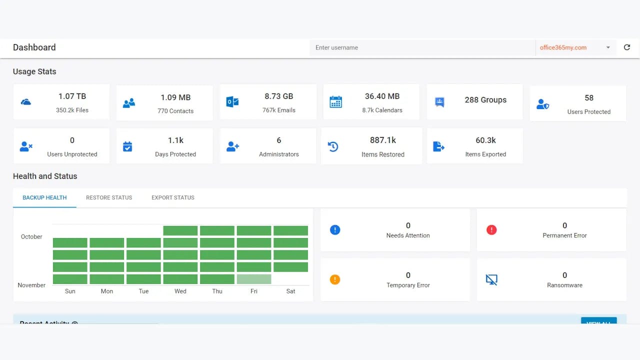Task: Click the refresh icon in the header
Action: (627, 47)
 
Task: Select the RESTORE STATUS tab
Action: (109, 197)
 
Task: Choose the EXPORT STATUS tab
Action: (173, 197)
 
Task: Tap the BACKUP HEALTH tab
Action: (44, 197)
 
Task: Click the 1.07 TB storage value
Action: (72, 96)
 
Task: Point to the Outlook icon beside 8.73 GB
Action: (232, 102)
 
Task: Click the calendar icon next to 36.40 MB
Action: (335, 102)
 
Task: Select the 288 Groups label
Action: (485, 100)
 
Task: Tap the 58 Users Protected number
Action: (588, 98)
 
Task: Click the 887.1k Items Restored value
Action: (382, 140)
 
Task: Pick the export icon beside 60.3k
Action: (438, 146)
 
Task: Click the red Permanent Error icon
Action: (491, 230)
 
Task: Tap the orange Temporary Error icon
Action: (335, 279)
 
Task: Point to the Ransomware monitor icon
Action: (491, 279)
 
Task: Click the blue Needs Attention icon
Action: (335, 230)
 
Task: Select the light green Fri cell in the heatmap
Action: (254, 279)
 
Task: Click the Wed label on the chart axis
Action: (180, 291)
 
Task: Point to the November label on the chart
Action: (31, 285)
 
